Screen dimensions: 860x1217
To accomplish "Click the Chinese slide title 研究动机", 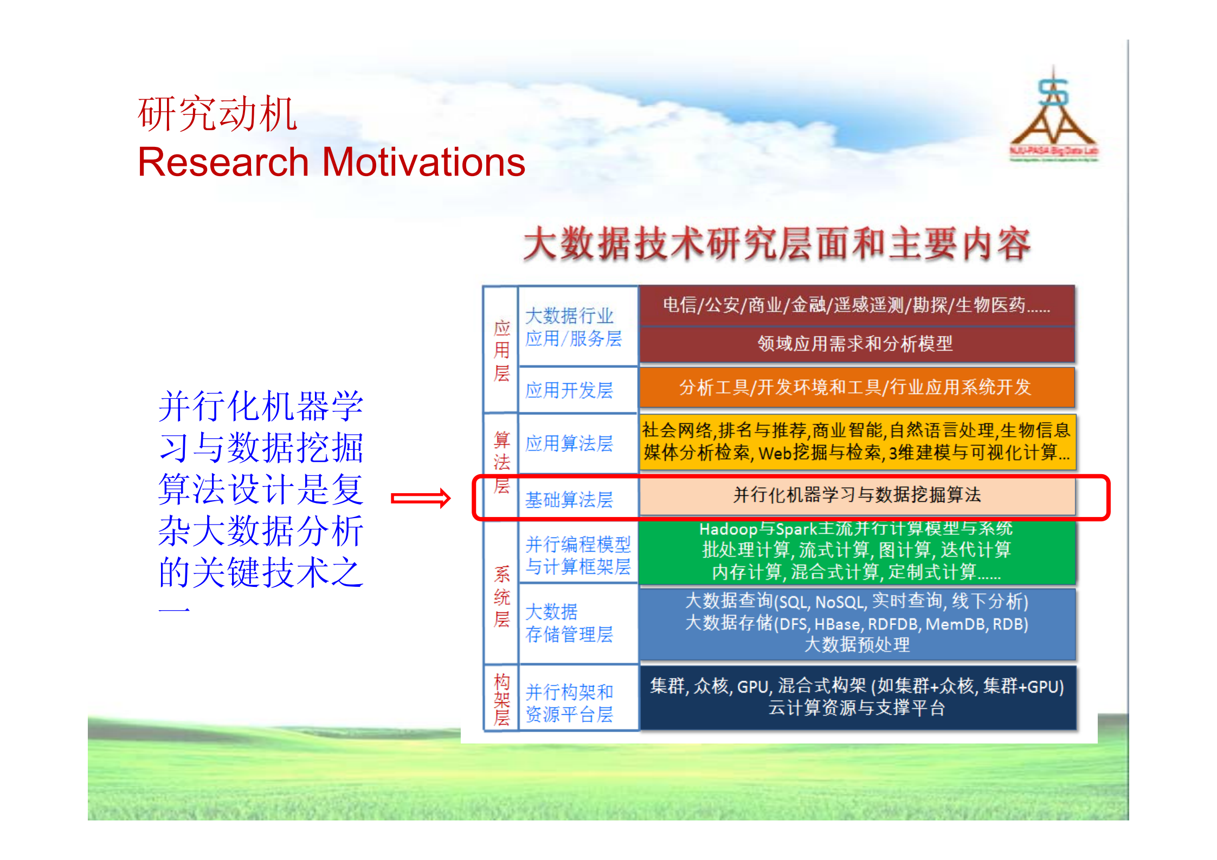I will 217,114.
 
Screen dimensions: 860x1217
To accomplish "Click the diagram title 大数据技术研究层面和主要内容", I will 776,244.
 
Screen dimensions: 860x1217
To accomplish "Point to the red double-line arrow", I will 421,498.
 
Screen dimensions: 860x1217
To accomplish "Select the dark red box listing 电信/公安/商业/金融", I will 857,305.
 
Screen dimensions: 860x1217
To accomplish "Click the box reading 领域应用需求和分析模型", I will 857,344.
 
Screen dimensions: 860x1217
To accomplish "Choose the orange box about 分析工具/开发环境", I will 857,387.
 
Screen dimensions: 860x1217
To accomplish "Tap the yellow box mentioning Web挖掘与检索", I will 857,441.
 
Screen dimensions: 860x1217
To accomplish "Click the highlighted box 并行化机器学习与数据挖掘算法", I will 857,495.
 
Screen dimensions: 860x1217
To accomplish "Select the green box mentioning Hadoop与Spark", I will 857,551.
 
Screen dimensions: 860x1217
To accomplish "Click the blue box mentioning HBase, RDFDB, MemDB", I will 857,623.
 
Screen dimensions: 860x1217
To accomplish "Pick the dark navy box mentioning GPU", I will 857,697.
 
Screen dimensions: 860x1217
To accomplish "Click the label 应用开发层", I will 569,390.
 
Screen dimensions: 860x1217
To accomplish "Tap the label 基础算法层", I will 569,500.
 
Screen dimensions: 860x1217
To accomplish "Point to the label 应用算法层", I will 569,443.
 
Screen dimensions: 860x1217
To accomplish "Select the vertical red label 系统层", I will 501,596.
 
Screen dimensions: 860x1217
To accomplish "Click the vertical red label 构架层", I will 501,699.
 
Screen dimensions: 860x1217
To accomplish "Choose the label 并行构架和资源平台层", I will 569,703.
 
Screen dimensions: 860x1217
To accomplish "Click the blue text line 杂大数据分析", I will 260,531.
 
